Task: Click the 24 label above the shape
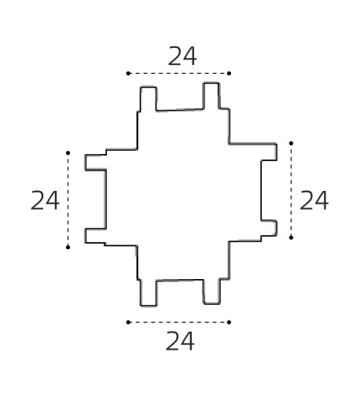(x=182, y=57)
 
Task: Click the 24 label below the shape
(x=180, y=341)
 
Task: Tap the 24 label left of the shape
(x=45, y=200)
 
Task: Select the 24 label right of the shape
(x=314, y=200)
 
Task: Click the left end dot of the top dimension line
(x=128, y=73)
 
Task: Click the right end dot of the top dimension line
(x=229, y=73)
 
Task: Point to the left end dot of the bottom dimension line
(x=128, y=322)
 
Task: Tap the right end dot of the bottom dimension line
(x=229, y=322)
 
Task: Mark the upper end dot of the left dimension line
(x=68, y=152)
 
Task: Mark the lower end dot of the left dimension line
(x=68, y=247)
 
